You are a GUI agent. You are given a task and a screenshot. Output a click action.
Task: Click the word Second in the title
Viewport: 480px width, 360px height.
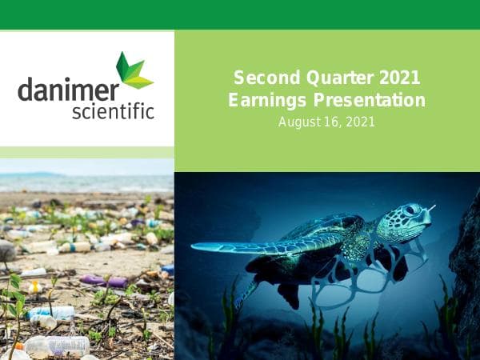[261, 78]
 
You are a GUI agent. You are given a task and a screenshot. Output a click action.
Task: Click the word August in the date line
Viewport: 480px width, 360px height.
[298, 122]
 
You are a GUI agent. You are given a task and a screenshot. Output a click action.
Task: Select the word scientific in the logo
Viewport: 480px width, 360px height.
[113, 110]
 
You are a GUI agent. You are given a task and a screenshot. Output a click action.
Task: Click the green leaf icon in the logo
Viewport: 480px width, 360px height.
[133, 70]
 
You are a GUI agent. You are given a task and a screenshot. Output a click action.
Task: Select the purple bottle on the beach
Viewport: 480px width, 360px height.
[103, 281]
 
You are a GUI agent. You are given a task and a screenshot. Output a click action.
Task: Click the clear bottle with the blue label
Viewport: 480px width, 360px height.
[53, 312]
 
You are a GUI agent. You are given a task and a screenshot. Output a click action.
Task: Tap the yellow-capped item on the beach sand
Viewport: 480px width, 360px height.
[35, 286]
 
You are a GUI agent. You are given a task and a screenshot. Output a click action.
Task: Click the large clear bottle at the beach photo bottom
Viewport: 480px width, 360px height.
[58, 345]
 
